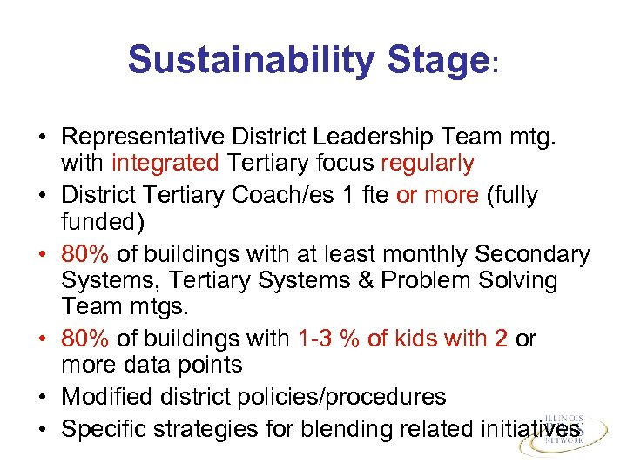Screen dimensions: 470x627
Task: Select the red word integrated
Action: point(165,164)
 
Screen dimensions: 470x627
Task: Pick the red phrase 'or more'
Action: point(436,195)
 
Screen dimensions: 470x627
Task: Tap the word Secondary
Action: point(532,253)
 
